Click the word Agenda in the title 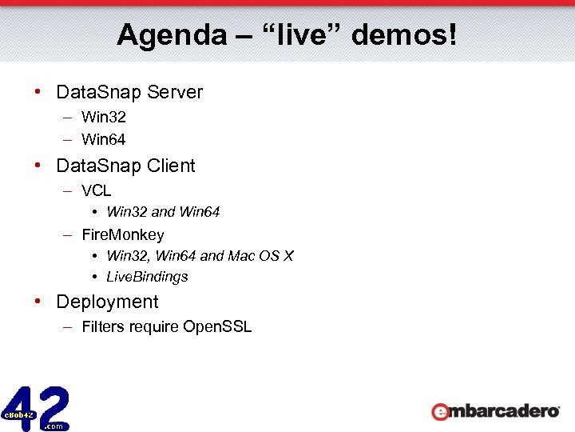tap(159, 35)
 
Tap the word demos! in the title tap(404, 35)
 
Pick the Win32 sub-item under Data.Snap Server tap(104, 118)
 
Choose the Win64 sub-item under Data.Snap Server tap(104, 140)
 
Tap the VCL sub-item tap(97, 191)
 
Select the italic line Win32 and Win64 tap(163, 212)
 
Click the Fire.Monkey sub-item tap(123, 235)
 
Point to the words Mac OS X tap(261, 256)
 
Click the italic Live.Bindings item tap(147, 277)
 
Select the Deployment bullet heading tap(107, 302)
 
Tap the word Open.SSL tap(217, 326)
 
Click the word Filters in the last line tap(103, 326)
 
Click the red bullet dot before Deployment tap(38, 302)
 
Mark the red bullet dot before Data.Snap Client tap(38, 166)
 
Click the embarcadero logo tap(495, 411)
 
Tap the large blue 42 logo tap(36, 408)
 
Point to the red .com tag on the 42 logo tap(54, 426)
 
